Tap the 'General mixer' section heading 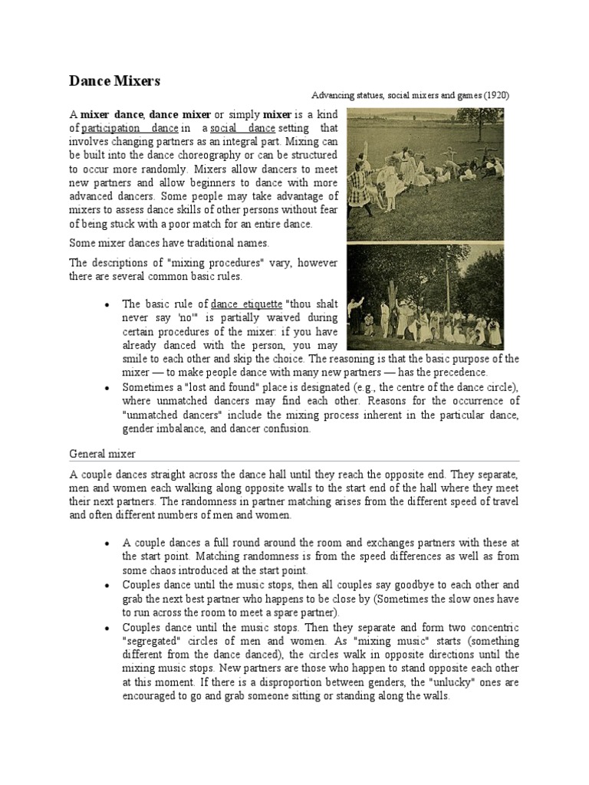[x=104, y=454]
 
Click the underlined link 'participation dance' [x=130, y=128]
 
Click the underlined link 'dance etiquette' [x=245, y=304]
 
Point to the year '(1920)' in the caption [x=495, y=95]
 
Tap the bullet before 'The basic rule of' [x=107, y=304]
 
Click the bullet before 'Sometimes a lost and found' [x=107, y=388]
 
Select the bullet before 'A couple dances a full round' [x=107, y=543]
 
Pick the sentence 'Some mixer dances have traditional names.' [x=169, y=243]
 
